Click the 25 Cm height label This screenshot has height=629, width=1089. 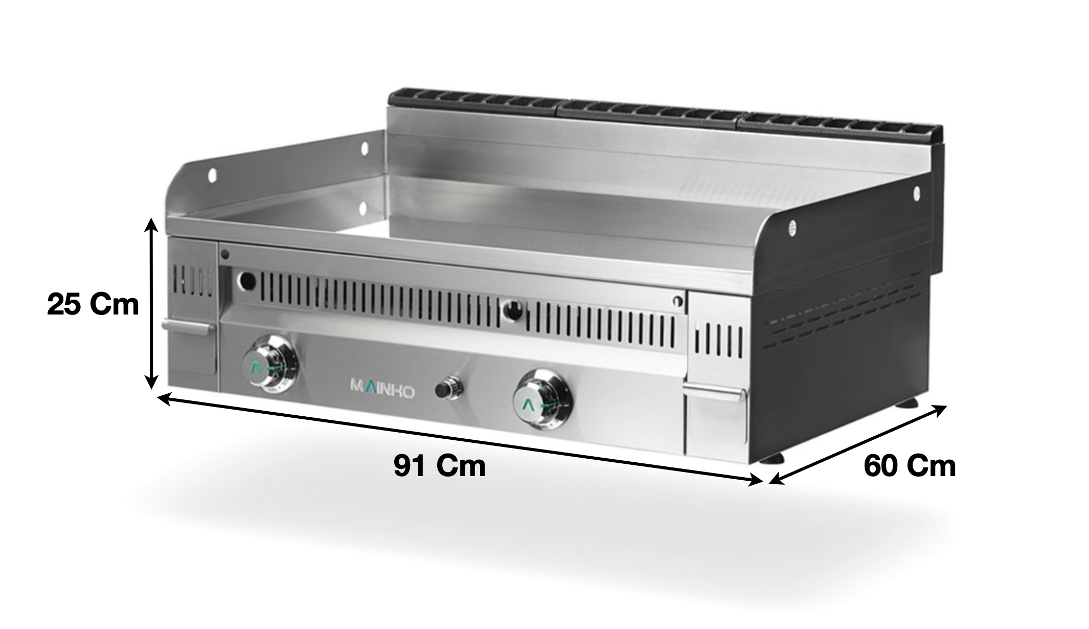pos(93,305)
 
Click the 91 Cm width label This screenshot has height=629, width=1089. pos(440,466)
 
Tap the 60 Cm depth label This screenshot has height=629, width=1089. pos(910,466)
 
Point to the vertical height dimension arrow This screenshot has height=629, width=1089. pos(150,303)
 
